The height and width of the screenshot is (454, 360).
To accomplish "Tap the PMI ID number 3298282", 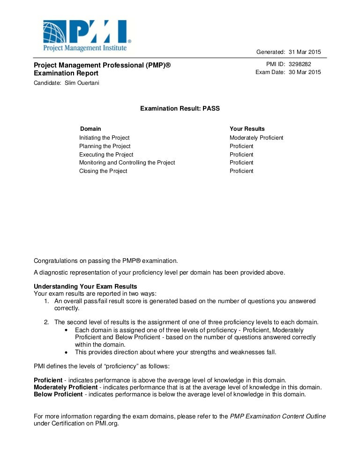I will (x=300, y=64).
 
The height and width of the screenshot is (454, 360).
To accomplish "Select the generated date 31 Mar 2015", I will (x=305, y=52).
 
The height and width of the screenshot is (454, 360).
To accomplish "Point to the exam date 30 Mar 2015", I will (x=305, y=72).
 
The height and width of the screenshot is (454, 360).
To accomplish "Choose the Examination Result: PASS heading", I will (x=180, y=108).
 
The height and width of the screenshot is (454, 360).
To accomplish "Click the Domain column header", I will (x=90, y=129).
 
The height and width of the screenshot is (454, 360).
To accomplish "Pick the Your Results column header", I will (x=247, y=129).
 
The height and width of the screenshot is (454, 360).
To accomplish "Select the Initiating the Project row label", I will (x=104, y=138).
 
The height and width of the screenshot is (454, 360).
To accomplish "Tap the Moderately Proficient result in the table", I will (x=256, y=138).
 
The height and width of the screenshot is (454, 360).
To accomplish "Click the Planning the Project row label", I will (x=105, y=146).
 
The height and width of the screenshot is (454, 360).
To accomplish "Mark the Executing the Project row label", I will (x=106, y=155).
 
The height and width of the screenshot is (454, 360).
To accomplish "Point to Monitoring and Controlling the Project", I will (x=127, y=163).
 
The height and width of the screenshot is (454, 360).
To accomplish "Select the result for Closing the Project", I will (x=241, y=171).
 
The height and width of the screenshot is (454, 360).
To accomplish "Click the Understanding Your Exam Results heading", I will (x=85, y=287).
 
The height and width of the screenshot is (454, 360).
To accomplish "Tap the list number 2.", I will (x=46, y=322).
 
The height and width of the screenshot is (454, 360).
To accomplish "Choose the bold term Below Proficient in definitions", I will (x=58, y=394).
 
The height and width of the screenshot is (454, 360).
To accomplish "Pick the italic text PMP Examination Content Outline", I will (x=278, y=416).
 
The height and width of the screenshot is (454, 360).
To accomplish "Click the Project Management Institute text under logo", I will (x=85, y=48).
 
